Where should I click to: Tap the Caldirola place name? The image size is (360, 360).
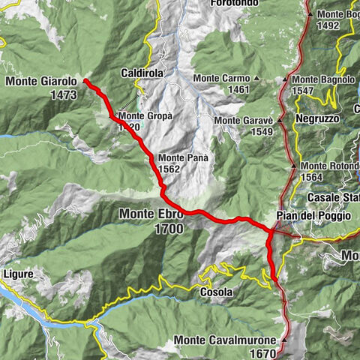142,73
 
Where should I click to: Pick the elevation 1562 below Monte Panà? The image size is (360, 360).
169,170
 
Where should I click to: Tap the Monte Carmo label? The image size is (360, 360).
221,78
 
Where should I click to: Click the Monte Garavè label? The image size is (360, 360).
242,120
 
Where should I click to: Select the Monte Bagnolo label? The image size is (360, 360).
323,79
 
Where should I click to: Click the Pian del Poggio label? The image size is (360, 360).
313,216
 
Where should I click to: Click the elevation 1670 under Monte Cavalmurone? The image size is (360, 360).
262,353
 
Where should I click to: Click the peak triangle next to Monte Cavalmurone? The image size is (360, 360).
284,340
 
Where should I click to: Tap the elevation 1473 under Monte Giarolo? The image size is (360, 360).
62,95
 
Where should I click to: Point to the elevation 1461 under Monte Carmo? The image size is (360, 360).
240,90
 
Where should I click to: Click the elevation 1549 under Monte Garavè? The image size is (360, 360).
262,132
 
